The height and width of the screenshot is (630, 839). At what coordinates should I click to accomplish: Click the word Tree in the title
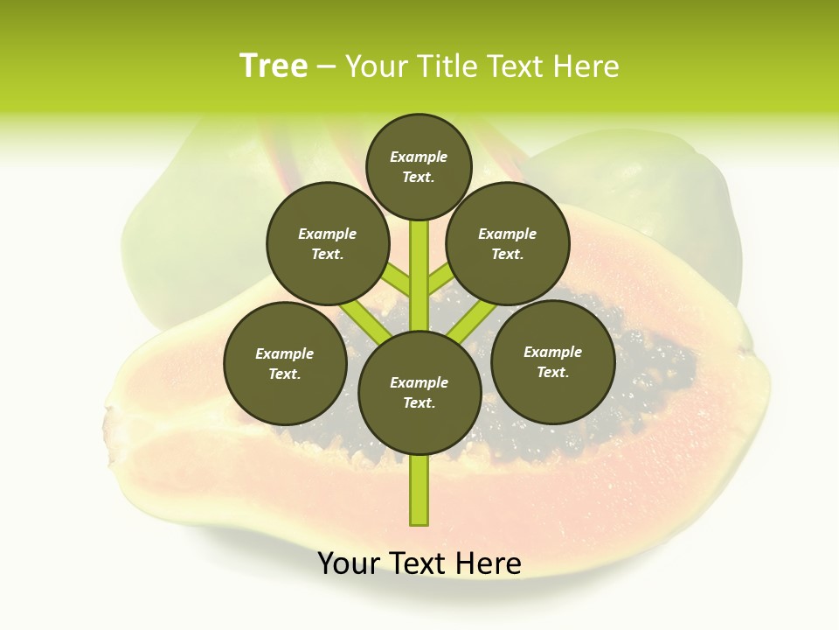tap(274, 66)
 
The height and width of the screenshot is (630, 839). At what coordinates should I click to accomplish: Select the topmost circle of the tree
tap(419, 166)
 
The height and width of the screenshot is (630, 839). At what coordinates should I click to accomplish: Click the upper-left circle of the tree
tap(328, 243)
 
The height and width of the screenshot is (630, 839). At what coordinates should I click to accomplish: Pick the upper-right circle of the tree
tap(508, 243)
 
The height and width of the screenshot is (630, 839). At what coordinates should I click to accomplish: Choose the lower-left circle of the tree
tap(285, 363)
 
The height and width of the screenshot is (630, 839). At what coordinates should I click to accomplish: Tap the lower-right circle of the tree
tap(552, 361)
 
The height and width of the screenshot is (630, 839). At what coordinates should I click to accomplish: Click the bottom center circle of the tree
tap(419, 392)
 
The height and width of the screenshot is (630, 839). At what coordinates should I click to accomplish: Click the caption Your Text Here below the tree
tap(419, 563)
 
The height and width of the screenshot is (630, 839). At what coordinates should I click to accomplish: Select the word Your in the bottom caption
tap(350, 563)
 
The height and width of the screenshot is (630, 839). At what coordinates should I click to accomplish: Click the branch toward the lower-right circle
tap(472, 320)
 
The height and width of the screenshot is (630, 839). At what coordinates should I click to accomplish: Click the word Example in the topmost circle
tap(419, 157)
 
